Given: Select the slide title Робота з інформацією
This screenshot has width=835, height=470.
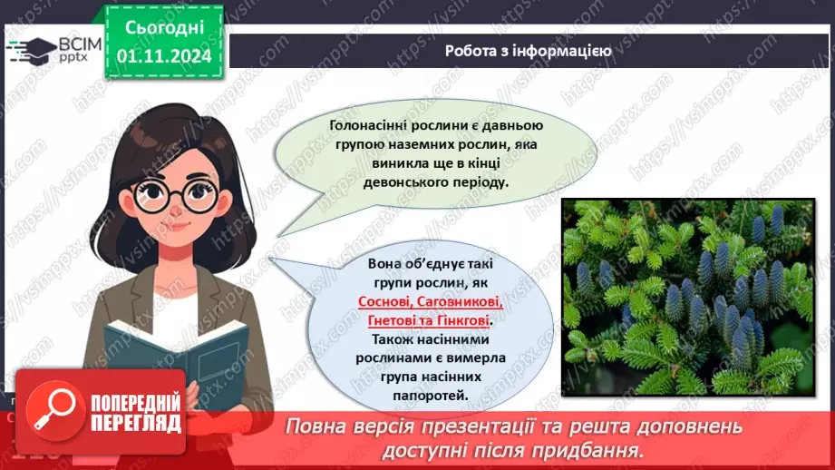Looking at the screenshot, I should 528,51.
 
